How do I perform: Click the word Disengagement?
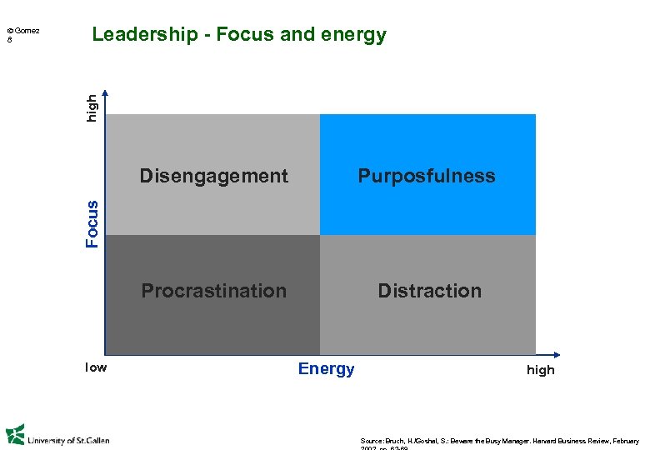tap(213, 176)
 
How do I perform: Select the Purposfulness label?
tap(427, 176)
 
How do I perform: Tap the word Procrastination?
tap(213, 291)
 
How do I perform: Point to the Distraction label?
tap(429, 291)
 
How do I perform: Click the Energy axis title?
tap(326, 369)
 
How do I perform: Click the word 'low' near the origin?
tap(96, 367)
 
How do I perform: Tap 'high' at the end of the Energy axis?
tap(540, 370)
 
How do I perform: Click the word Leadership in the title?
tap(138, 35)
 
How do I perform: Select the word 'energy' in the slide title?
tap(358, 35)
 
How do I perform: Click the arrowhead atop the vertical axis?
tap(105, 93)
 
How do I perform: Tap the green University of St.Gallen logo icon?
tap(15, 435)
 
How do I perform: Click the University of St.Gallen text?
tap(68, 440)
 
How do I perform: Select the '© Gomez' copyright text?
tap(23, 31)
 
